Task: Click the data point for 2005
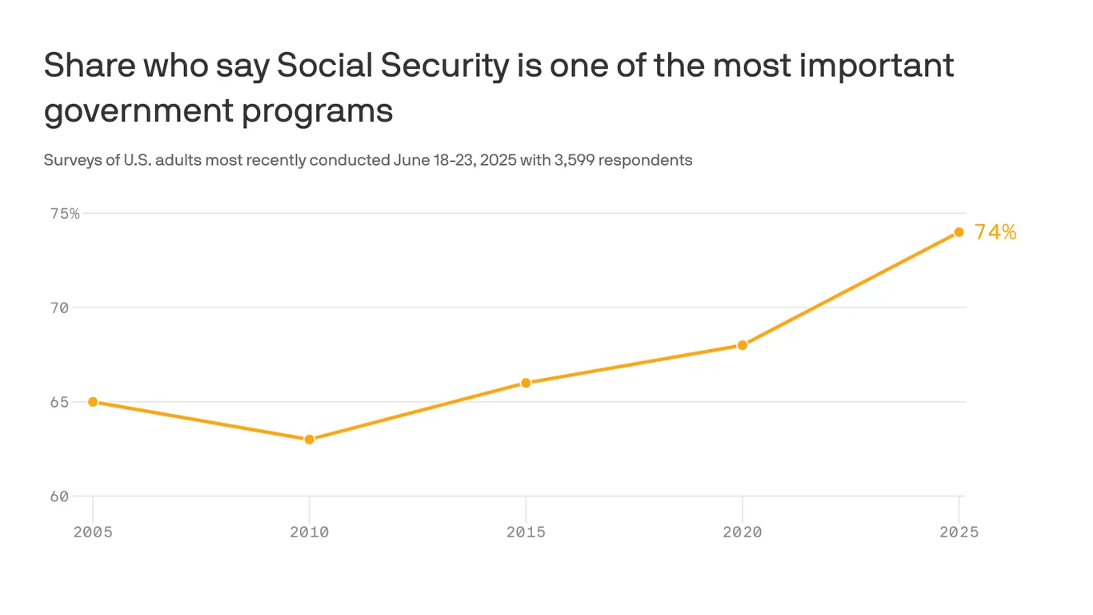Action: (93, 402)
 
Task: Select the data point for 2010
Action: (310, 440)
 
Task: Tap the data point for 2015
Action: (526, 383)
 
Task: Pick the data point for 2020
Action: (743, 345)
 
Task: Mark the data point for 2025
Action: (959, 232)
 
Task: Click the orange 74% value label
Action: (995, 232)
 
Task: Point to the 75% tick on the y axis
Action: (65, 214)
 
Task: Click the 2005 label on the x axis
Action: (93, 533)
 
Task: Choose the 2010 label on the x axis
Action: (310, 533)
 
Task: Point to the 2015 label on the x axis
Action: (526, 533)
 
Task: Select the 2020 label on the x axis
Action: (743, 533)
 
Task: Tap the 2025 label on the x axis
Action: (959, 533)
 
